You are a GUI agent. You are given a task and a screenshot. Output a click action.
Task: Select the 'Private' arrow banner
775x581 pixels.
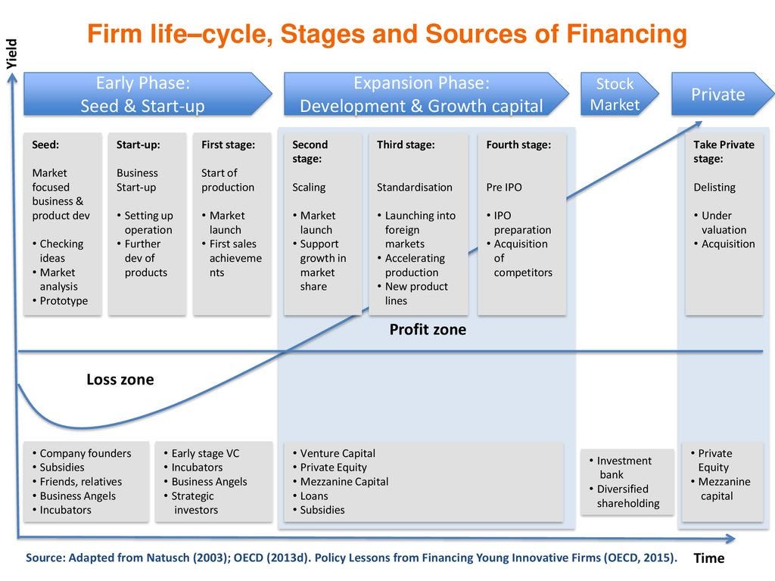[x=721, y=95]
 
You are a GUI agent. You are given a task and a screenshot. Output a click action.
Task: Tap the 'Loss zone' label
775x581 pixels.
[x=120, y=380]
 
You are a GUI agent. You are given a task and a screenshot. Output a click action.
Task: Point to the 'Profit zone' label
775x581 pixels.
[x=428, y=330]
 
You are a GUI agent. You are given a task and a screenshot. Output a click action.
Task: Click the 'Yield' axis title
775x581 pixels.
[x=11, y=54]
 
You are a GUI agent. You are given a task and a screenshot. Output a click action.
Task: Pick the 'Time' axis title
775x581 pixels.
[x=709, y=558]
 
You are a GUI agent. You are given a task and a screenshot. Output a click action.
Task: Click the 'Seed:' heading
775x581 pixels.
[x=45, y=144]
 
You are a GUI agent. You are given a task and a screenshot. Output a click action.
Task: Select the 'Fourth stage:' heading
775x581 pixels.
[x=518, y=144]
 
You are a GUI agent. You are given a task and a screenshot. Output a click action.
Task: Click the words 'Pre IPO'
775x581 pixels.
[x=504, y=188]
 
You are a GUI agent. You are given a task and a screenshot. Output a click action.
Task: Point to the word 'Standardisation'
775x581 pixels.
[x=415, y=188]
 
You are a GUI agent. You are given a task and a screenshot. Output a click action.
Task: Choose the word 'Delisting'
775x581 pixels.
[x=714, y=188]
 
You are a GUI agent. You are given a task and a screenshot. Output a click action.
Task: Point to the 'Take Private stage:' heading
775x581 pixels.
[x=724, y=151]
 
